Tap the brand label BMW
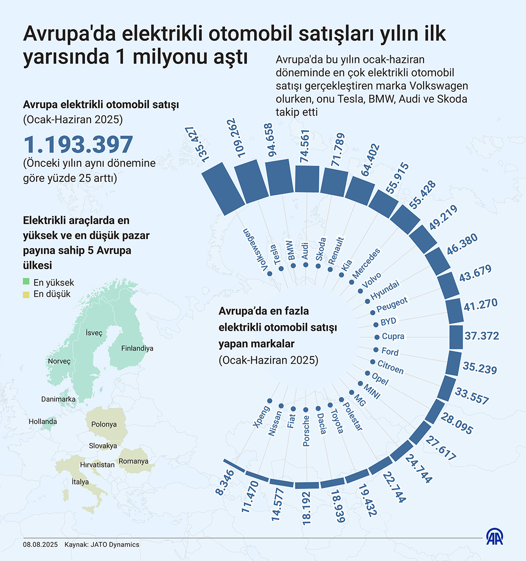290,250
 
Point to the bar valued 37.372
456,337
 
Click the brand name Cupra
393,336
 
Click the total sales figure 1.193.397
78,145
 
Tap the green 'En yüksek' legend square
26,282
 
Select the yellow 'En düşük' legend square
26,294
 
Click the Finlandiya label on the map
137,349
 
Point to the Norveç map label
59,361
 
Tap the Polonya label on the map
104,424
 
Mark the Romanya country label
133,461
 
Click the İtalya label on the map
80,482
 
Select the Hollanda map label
43,421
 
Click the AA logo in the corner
495,537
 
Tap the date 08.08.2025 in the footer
40,545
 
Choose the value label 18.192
306,508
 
